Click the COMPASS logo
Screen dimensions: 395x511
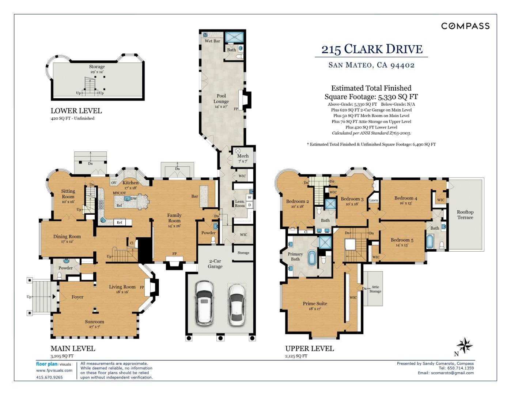(465, 26)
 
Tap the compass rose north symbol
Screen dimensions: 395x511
(465, 346)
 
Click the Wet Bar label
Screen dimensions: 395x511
(212, 41)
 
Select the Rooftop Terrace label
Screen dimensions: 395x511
(465, 215)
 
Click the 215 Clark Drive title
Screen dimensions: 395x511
(372, 49)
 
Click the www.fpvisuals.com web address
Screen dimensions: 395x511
(54, 370)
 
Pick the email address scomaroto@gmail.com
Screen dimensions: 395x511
(453, 373)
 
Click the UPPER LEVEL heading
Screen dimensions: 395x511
(309, 349)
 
